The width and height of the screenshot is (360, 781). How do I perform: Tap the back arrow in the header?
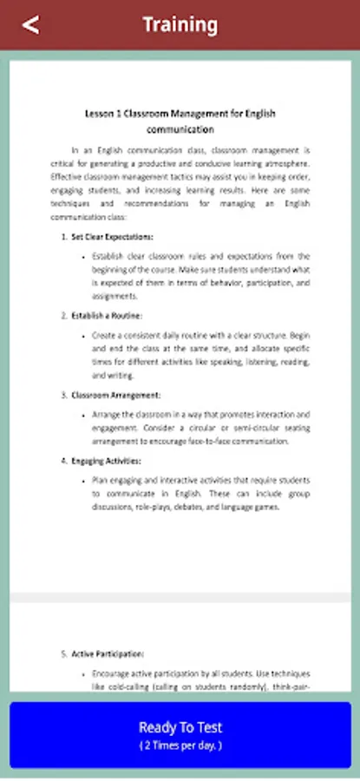30,24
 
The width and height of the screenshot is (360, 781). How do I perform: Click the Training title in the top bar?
180,24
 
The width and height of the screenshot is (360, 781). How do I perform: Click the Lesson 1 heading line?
180,114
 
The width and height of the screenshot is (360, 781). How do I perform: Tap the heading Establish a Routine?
107,314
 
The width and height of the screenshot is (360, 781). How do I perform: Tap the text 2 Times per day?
180,745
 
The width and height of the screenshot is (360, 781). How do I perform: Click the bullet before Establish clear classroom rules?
82,258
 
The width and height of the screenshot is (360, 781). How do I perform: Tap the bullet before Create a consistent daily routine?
82,335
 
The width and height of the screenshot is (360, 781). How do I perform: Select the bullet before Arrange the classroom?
82,415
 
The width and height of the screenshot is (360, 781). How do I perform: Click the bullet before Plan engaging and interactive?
82,481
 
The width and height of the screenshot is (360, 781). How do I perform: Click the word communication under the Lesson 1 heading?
180,129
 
